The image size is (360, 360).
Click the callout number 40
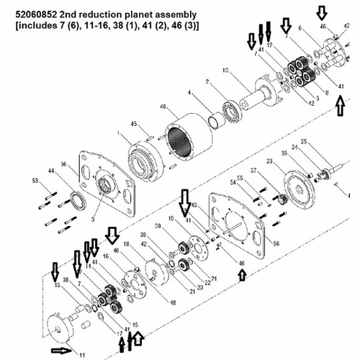click(163, 107)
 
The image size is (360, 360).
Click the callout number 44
click(51, 170)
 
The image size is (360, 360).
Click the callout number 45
click(132, 125)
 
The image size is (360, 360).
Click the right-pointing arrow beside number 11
click(63, 351)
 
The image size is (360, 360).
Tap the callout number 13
click(56, 286)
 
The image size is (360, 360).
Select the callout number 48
click(173, 302)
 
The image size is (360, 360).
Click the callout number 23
click(269, 162)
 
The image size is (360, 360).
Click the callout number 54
click(232, 183)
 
